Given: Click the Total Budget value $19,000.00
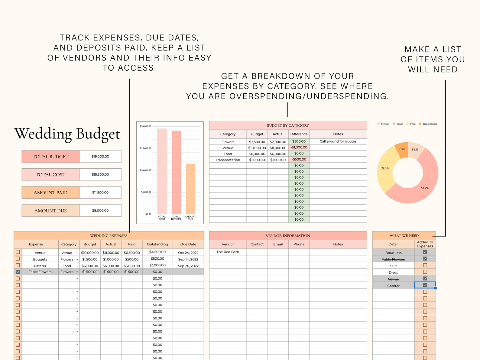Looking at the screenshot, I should coord(100,157).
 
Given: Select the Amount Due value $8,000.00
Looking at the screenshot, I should coord(100,211).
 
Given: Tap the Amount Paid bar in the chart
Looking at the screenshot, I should coord(190,189).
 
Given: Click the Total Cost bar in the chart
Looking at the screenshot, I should coord(162,171).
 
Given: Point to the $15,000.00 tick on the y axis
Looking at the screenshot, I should coord(145,148).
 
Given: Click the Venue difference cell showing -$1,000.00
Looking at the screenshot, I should coord(299,148).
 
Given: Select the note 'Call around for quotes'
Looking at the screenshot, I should coord(338,141).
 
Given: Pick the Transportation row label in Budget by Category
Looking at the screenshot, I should coord(228,160).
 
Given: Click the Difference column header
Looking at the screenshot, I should coord(299,134).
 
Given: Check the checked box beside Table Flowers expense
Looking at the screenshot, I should coord(18,272).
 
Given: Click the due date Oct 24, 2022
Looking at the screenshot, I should coord(188,253).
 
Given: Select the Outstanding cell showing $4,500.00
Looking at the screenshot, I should coord(157,252).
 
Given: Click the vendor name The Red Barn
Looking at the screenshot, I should coord(228,252).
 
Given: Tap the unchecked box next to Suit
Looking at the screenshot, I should coord(425,265).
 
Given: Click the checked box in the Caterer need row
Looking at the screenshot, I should coord(425,285).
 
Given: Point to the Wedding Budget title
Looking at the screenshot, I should coord(67,134).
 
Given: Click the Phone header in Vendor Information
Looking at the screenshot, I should coord(299,244).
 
